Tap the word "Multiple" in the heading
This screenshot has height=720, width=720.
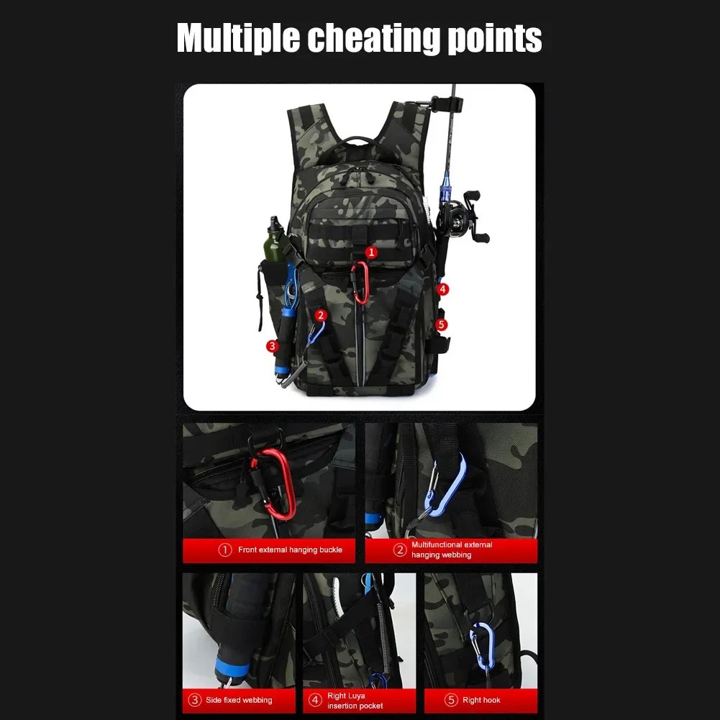(238, 39)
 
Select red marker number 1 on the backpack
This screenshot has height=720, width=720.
(371, 252)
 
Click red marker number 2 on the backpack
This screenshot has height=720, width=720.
(321, 316)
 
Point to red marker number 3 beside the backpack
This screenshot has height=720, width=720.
(273, 346)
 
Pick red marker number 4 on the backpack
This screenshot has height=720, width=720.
(442, 289)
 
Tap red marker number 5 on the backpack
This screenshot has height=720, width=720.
(441, 324)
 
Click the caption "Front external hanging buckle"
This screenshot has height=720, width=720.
(290, 550)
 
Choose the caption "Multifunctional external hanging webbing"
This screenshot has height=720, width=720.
(452, 550)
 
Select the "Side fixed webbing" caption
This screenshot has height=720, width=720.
(239, 701)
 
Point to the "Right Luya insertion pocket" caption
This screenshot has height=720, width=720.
(355, 701)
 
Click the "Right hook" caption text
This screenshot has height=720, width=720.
(481, 701)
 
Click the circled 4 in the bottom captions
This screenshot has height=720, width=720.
(315, 700)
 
